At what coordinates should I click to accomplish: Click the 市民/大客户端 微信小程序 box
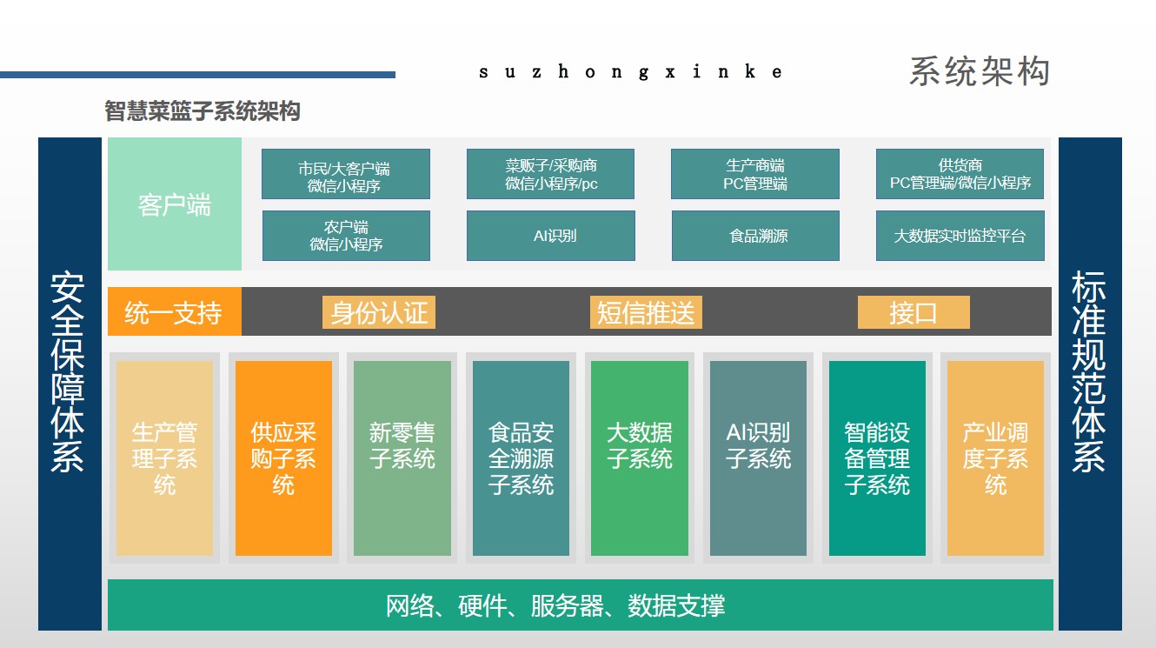[x=345, y=174]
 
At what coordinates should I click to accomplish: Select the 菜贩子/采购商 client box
[x=550, y=174]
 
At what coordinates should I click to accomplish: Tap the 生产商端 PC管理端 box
[x=755, y=174]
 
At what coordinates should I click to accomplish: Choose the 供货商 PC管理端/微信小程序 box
[x=960, y=174]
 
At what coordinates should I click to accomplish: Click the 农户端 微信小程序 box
[x=346, y=236]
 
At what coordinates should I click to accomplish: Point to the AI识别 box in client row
[x=550, y=236]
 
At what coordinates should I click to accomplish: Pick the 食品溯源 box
[x=755, y=236]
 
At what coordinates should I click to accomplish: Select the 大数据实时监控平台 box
[x=960, y=236]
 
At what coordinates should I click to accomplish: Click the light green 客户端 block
[x=175, y=204]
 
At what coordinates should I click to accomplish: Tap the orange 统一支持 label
[x=174, y=311]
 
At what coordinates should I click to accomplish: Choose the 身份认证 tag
[x=379, y=312]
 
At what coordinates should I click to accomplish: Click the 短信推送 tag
[x=646, y=312]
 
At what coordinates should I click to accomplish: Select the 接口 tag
[x=914, y=312]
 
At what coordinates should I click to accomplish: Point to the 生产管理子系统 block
[x=164, y=458]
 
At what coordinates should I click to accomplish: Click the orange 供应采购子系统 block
[x=283, y=458]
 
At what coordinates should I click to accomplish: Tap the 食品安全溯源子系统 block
[x=521, y=458]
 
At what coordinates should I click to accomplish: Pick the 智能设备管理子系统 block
[x=877, y=458]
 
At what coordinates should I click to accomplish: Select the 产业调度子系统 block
[x=995, y=458]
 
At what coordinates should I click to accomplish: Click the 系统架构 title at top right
[x=980, y=71]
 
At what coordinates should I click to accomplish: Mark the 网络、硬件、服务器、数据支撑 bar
[x=580, y=605]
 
